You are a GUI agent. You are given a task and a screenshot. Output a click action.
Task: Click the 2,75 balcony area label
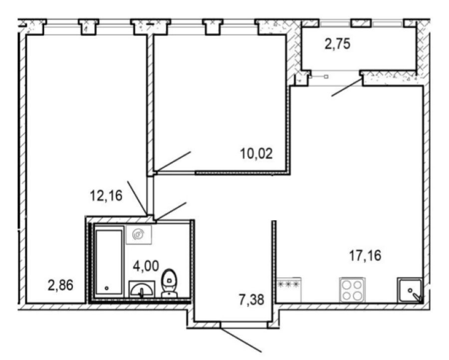(338, 45)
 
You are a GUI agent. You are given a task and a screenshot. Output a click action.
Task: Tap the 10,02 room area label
(256, 154)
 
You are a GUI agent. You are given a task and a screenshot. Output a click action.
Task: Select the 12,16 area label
(106, 196)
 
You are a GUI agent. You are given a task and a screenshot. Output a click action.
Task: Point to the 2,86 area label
(61, 285)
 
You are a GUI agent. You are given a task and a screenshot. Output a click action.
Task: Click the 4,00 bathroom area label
(146, 266)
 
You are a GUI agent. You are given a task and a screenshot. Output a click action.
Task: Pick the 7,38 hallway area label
(252, 300)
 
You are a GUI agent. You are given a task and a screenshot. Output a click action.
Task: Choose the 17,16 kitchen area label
(365, 256)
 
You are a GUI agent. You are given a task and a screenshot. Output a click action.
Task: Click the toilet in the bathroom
(170, 283)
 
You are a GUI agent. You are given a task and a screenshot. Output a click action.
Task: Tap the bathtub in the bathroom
(109, 262)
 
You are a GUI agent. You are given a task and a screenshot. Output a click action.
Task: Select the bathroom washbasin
(142, 289)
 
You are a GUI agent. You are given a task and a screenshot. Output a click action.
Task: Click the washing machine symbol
(139, 235)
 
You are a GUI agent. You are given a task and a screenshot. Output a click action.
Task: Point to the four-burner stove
(352, 290)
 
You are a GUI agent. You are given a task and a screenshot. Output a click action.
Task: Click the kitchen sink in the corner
(410, 291)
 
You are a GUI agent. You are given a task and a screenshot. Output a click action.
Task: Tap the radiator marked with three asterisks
(289, 290)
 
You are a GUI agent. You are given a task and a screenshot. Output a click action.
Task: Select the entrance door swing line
(241, 339)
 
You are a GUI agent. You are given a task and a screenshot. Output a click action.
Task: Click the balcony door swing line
(347, 87)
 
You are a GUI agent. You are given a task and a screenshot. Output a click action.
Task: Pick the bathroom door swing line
(171, 211)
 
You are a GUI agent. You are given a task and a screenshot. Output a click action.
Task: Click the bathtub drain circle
(107, 288)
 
